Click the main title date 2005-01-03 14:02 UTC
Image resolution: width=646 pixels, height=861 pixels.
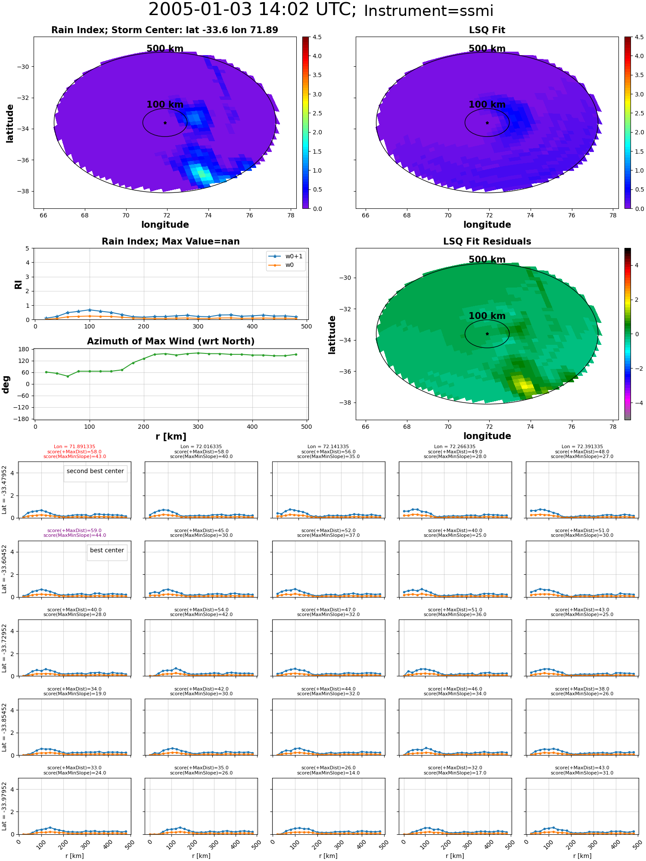click(252, 10)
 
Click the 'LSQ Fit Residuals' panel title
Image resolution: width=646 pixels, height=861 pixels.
click(487, 242)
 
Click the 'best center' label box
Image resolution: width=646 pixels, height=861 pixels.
click(107, 550)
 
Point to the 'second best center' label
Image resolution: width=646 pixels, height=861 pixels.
click(95, 471)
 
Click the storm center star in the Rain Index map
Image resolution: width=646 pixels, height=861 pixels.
click(165, 123)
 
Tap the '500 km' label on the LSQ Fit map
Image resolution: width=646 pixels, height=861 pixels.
click(487, 49)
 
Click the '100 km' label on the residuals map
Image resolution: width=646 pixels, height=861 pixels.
click(487, 316)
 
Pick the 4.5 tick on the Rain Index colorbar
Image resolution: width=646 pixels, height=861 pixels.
click(317, 37)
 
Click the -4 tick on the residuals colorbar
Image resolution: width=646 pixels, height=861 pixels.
click(637, 403)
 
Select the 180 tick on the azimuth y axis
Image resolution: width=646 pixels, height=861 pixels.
click(25, 349)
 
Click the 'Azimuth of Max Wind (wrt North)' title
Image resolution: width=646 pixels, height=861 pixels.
click(171, 341)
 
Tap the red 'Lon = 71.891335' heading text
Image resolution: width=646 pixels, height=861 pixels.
click(75, 447)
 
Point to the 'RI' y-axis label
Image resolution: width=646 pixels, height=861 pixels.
click(18, 284)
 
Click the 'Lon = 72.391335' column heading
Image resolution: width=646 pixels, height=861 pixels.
click(582, 447)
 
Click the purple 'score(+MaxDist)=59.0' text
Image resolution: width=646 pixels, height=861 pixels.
click(75, 531)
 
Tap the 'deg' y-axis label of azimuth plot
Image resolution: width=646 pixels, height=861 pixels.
click(6, 384)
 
